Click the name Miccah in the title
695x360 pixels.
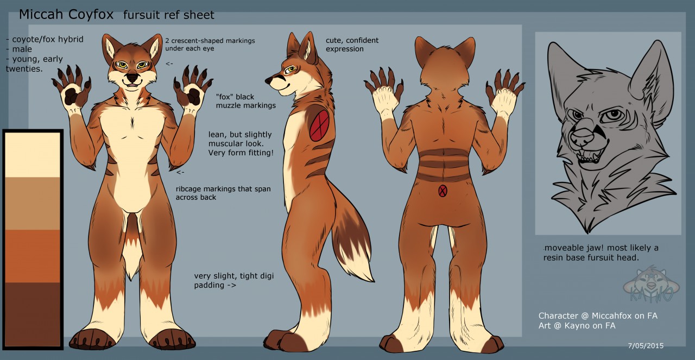coord(42,15)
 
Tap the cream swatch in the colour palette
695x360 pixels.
coord(33,155)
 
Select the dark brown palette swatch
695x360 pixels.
coord(33,314)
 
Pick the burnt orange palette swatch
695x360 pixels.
coord(33,256)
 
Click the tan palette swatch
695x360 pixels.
coord(33,204)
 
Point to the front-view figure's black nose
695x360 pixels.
coord(132,77)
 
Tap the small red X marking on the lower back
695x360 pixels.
coord(443,191)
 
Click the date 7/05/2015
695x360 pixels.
coord(646,345)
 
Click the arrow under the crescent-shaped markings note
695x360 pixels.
coord(169,64)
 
